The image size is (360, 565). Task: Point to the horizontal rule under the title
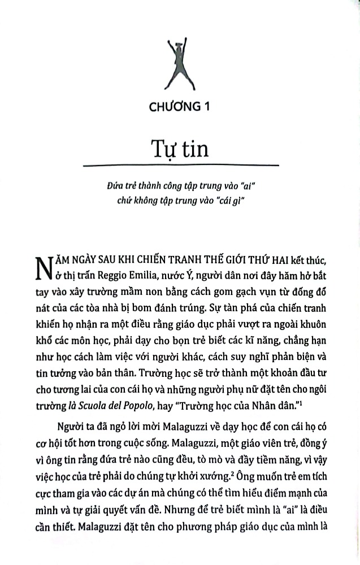(x=180, y=165)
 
